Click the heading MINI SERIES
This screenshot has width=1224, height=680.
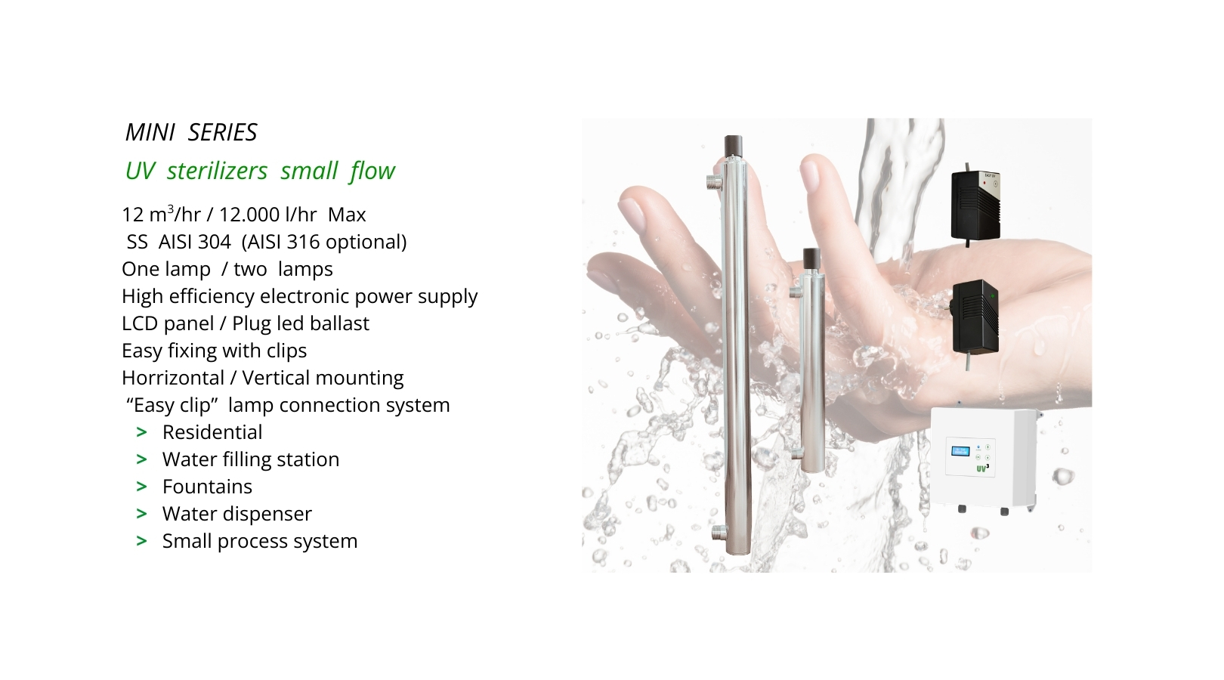click(190, 132)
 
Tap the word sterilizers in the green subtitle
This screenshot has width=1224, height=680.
click(217, 171)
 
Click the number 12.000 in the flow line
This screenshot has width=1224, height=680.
click(249, 215)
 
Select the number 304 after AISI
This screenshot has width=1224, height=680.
click(213, 242)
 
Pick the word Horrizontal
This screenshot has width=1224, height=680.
click(173, 378)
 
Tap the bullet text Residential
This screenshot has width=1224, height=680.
click(212, 432)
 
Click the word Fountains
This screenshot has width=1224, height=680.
click(207, 487)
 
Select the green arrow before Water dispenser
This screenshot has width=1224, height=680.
click(141, 514)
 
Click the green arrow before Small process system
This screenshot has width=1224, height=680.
click(141, 541)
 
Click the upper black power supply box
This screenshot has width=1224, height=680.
click(975, 205)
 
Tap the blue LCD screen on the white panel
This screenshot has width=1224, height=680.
click(960, 451)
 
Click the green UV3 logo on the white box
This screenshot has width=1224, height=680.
click(982, 468)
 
